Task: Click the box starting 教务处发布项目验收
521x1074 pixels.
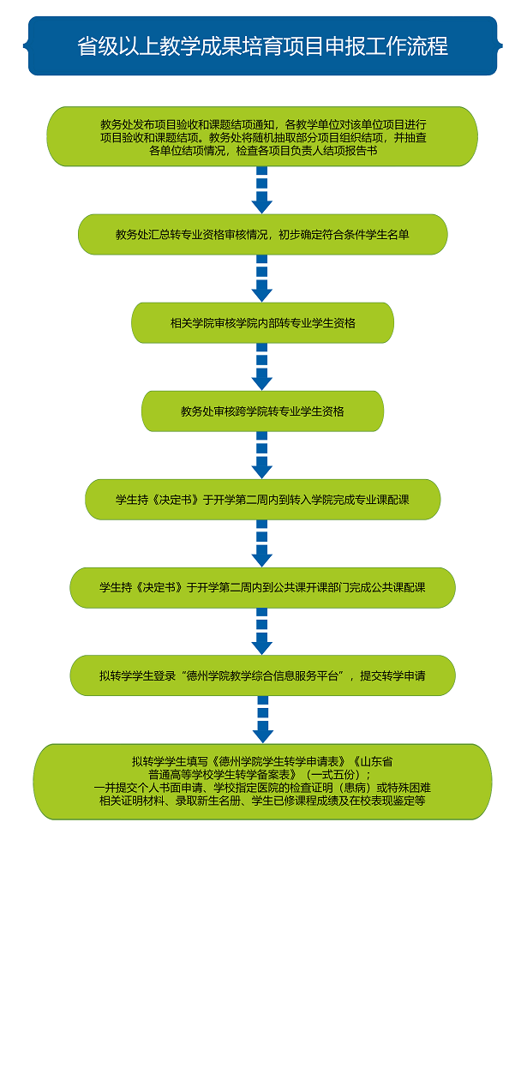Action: coord(262,136)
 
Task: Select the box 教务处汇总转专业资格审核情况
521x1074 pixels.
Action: coord(262,234)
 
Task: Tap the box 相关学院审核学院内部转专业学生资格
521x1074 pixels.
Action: coord(262,323)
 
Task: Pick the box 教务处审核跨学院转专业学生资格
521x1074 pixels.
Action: coord(262,411)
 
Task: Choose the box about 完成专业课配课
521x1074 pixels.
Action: coord(262,500)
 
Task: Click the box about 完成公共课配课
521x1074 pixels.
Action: coord(262,588)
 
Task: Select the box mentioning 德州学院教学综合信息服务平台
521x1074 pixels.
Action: coord(262,675)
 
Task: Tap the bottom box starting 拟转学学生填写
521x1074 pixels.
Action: coord(262,781)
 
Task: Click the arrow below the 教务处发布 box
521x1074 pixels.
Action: coord(262,189)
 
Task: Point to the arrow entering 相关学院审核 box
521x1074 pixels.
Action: coord(262,279)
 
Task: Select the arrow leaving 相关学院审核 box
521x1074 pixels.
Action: coord(262,367)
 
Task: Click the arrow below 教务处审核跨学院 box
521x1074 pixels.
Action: coord(262,455)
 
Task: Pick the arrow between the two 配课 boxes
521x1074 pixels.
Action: coord(262,543)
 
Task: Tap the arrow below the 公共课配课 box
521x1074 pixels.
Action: coord(262,632)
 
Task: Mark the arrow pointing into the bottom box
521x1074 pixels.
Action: coord(262,720)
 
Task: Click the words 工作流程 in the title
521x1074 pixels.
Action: coord(410,45)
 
